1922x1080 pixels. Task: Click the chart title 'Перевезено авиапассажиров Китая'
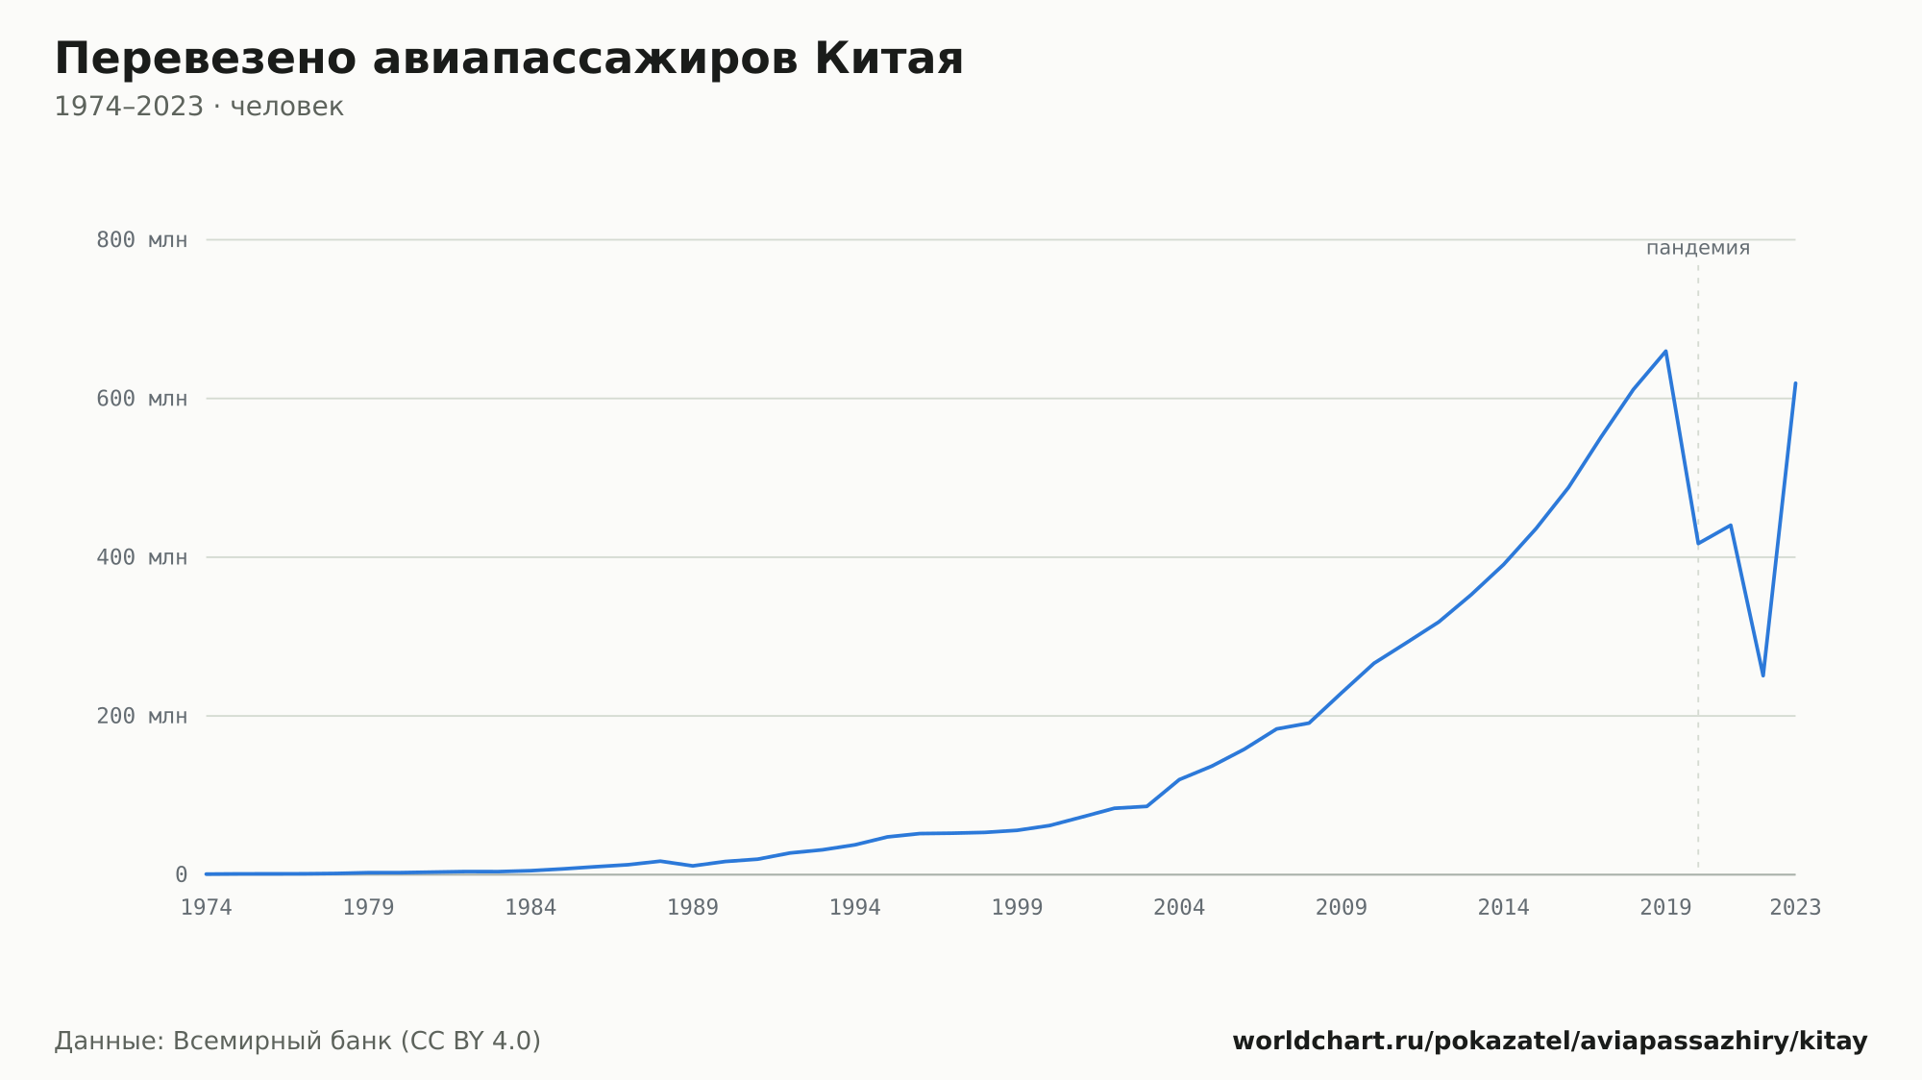pyautogui.click(x=508, y=59)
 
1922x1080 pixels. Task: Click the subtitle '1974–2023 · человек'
pyautogui.click(x=199, y=107)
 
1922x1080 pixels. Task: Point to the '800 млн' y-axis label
pyautogui.click(x=141, y=240)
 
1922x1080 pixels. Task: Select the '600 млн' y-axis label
pyautogui.click(x=141, y=399)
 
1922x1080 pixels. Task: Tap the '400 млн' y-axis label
pyautogui.click(x=141, y=557)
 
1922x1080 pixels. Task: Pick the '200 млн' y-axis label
pyautogui.click(x=141, y=716)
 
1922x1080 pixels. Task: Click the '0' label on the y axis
pyautogui.click(x=181, y=874)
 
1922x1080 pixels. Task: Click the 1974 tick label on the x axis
pyautogui.click(x=207, y=908)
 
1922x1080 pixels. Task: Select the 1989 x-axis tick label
pyautogui.click(x=693, y=908)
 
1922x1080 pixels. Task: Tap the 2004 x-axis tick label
pyautogui.click(x=1179, y=908)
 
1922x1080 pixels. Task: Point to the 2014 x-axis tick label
pyautogui.click(x=1503, y=908)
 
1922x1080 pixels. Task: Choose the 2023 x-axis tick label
pyautogui.click(x=1795, y=908)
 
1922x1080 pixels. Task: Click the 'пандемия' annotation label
pyautogui.click(x=1698, y=248)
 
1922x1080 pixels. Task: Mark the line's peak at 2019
pyautogui.click(x=1665, y=351)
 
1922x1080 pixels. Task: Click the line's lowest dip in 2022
pyautogui.click(x=1762, y=675)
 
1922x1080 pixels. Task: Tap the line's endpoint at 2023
pyautogui.click(x=1795, y=382)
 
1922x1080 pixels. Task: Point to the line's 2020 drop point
pyautogui.click(x=1698, y=544)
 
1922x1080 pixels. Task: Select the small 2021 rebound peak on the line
pyautogui.click(x=1730, y=525)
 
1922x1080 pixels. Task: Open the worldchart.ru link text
pyautogui.click(x=1550, y=1042)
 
